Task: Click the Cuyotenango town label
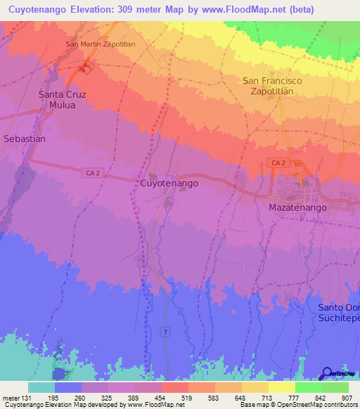point(169,183)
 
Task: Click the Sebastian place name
point(25,139)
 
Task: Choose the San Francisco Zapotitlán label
point(272,86)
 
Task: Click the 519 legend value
point(186,398)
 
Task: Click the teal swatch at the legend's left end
point(41,387)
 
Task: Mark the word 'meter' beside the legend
point(8,398)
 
